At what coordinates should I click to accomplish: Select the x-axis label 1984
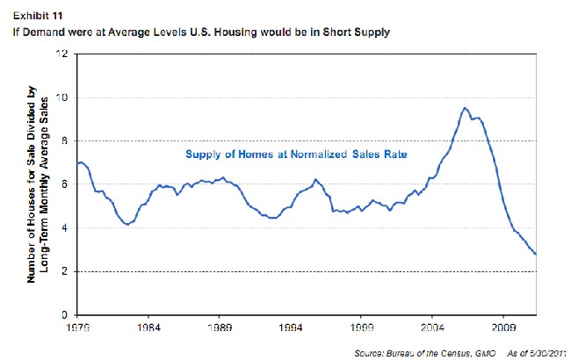[x=148, y=327]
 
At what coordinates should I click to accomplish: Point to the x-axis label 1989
[x=220, y=327]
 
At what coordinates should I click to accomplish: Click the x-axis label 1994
[x=291, y=327]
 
